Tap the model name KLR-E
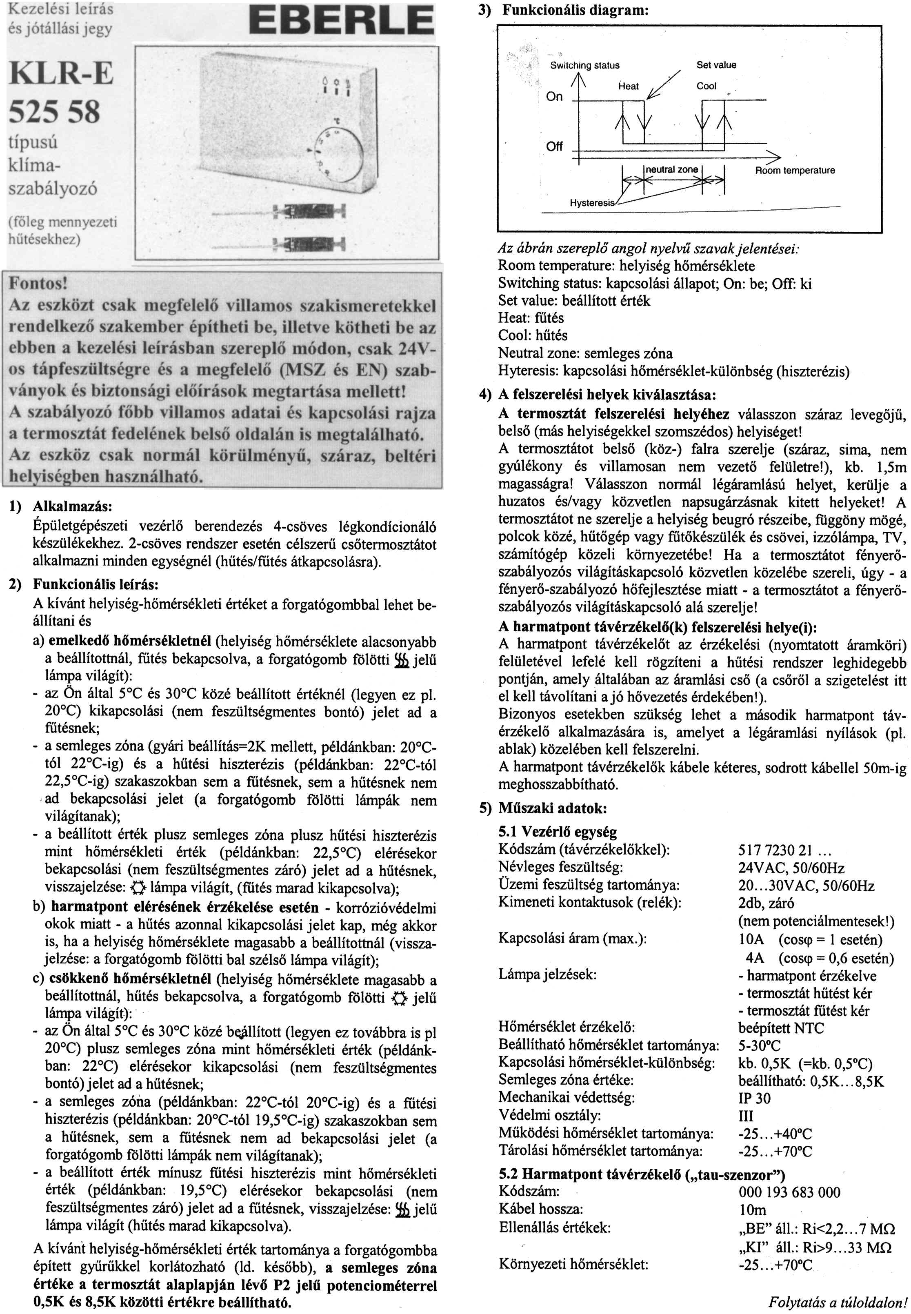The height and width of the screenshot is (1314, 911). click(61, 73)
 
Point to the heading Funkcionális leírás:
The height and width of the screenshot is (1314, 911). click(96, 585)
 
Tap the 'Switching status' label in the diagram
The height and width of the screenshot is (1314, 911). click(584, 65)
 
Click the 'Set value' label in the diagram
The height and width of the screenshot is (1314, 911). click(716, 64)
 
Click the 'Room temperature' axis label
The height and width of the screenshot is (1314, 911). click(795, 170)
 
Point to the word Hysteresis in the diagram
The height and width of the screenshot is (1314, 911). click(592, 202)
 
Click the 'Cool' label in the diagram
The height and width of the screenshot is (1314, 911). click(706, 86)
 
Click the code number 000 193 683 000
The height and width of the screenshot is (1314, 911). click(789, 1192)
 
